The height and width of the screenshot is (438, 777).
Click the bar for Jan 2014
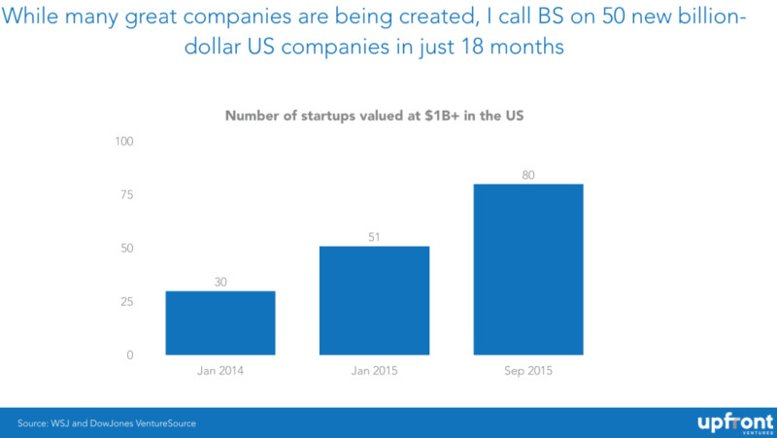click(220, 322)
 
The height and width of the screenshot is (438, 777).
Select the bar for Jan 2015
click(374, 300)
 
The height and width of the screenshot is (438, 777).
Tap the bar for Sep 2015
click(527, 269)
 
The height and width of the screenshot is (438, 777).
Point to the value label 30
click(220, 282)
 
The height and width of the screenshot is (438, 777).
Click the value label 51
click(374, 236)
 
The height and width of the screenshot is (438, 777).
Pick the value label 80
click(527, 175)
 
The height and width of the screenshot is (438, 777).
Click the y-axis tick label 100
click(124, 142)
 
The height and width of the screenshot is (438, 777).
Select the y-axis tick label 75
click(127, 195)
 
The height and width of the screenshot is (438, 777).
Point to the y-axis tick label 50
click(127, 249)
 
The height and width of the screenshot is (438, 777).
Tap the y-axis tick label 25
click(127, 302)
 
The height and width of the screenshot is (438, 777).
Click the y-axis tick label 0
click(130, 355)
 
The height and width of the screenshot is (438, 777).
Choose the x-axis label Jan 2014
click(220, 372)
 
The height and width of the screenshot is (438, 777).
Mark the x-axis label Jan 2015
click(374, 372)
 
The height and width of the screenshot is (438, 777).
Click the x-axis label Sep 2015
click(527, 372)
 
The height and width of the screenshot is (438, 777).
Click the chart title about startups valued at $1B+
click(375, 116)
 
